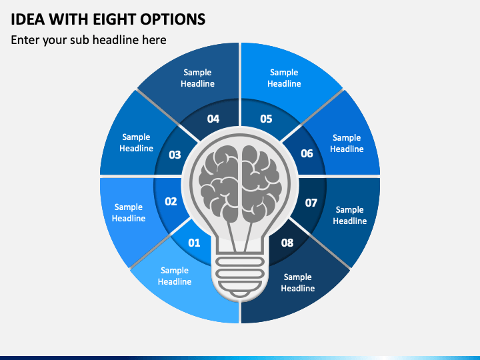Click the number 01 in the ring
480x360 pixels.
[x=194, y=243]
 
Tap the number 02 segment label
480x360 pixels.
[x=171, y=201]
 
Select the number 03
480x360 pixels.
[x=175, y=155]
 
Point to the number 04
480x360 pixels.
[x=213, y=119]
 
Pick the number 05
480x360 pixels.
[x=266, y=119]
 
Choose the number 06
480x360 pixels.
[x=307, y=153]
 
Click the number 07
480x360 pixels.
[x=311, y=203]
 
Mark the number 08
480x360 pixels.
[x=287, y=243]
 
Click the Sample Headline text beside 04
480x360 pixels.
[x=197, y=78]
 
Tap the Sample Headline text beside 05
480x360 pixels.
[x=284, y=78]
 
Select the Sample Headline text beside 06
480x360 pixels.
[x=347, y=143]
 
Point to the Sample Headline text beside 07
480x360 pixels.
[x=350, y=215]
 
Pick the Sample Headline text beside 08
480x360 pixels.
[x=298, y=283]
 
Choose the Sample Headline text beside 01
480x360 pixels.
[x=175, y=276]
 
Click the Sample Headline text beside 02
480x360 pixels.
[x=129, y=213]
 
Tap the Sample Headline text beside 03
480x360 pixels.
[x=136, y=143]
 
